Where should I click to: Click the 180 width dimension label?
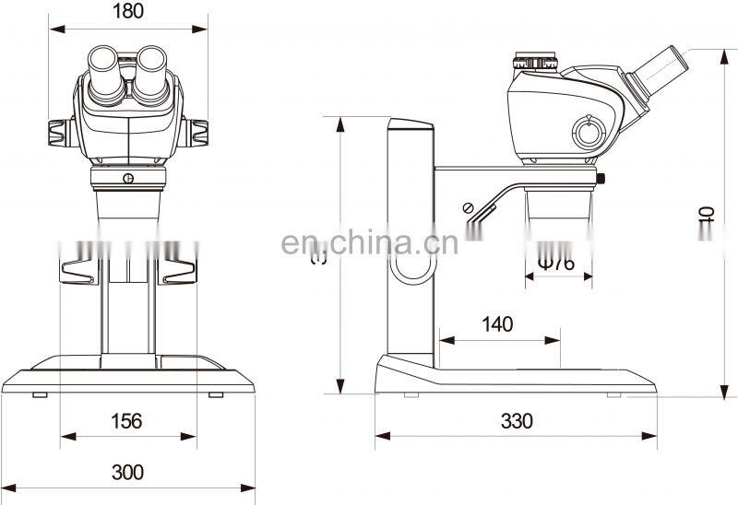pos(128,12)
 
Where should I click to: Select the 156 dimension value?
pos(127,421)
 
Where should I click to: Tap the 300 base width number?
pos(127,472)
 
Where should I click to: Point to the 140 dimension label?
pos(498,323)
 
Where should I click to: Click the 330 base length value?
pos(517,421)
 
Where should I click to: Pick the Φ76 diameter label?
pos(555,264)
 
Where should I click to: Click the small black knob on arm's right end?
pos(602,177)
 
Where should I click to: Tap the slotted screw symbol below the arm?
pos(468,207)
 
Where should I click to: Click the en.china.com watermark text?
pos(368,243)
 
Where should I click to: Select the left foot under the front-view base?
pos(40,395)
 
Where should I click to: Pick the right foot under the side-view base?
pos(613,394)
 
